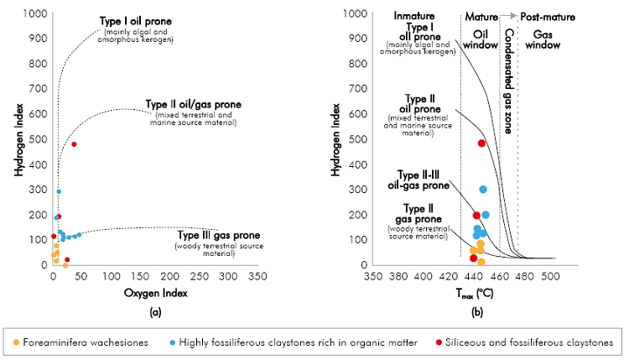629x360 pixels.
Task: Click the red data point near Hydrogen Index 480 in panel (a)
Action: (74, 144)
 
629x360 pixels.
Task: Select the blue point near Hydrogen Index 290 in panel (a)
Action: (59, 191)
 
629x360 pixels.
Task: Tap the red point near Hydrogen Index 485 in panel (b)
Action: (481, 143)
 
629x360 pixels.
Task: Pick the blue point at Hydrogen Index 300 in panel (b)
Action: (483, 190)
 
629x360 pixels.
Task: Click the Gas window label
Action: (542, 39)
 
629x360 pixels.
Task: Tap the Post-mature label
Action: (546, 16)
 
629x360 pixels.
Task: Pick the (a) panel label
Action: (154, 312)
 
